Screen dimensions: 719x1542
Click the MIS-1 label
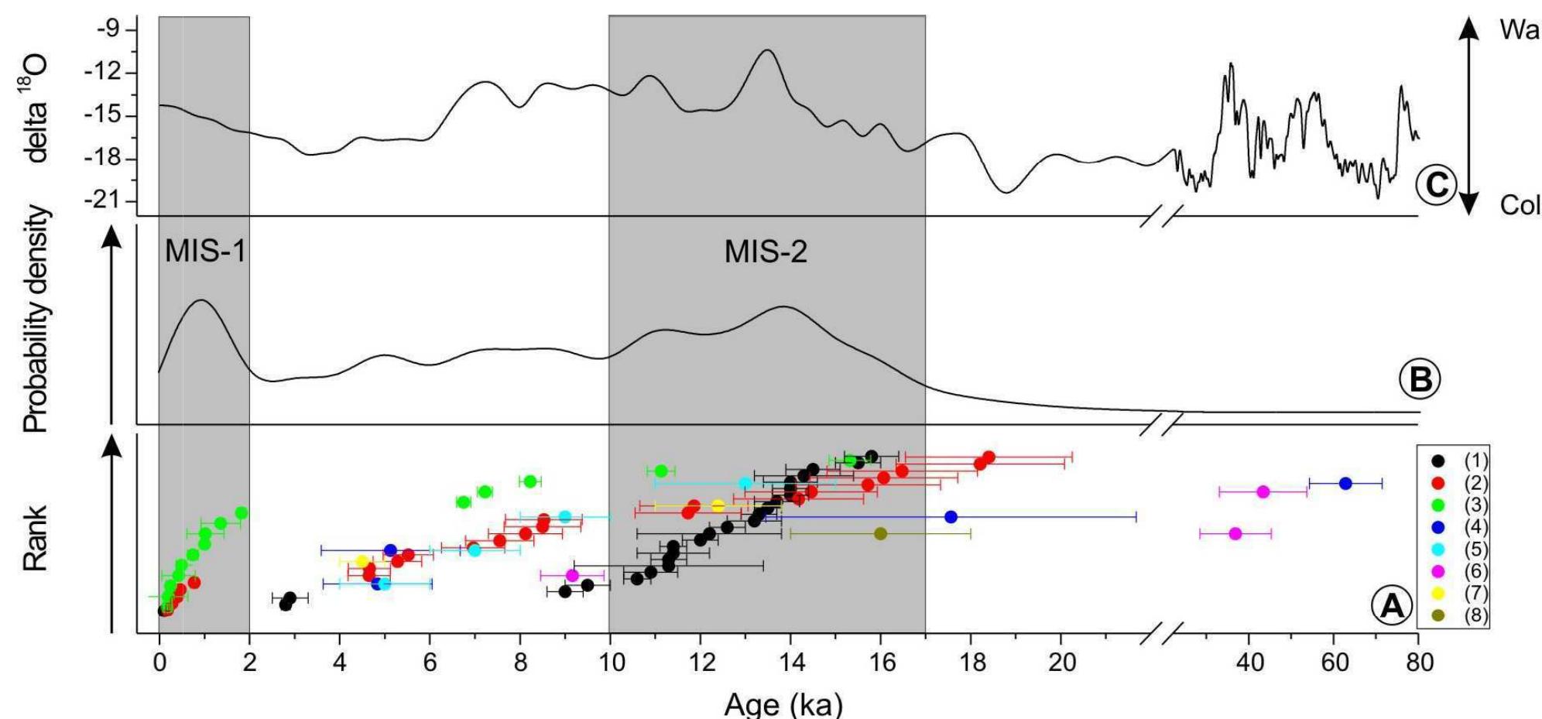(205, 251)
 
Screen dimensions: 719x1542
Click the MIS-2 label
(766, 252)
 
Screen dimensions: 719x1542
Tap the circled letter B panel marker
(1420, 379)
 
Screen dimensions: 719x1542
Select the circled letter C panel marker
(1436, 185)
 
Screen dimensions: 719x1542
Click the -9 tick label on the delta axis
(107, 30)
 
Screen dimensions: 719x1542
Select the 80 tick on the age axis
(1419, 663)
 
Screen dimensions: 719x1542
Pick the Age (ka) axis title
(783, 704)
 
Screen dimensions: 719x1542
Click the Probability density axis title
(36, 319)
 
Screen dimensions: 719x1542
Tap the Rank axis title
(36, 538)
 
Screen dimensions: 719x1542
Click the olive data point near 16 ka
(880, 533)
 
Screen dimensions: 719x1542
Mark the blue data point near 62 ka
(1345, 483)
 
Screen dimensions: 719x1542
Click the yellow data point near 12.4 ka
(718, 506)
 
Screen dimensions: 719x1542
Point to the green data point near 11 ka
(661, 471)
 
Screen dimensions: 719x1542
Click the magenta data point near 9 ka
(572, 575)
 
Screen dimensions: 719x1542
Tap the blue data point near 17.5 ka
(951, 516)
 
